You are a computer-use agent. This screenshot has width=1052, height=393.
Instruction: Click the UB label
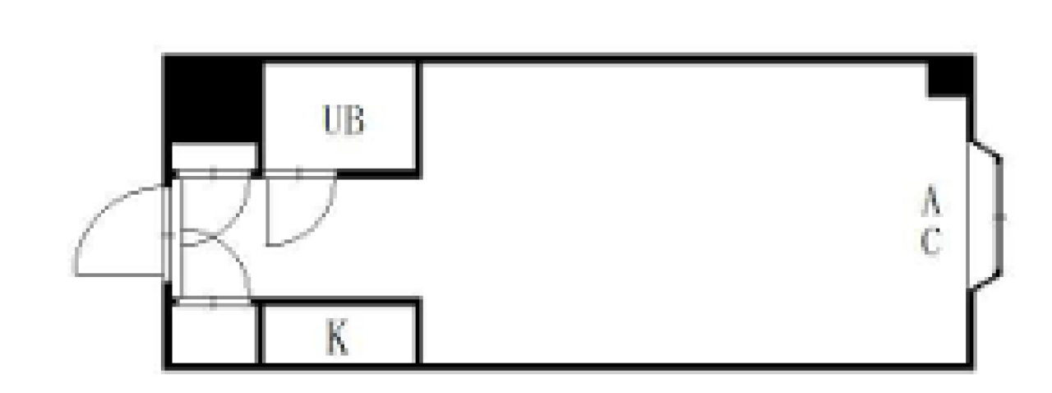(x=344, y=121)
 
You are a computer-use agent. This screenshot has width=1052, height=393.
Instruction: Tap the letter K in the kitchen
(x=337, y=338)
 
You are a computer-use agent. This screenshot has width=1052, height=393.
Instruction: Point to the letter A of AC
(x=930, y=200)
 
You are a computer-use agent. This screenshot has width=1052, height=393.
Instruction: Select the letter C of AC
(x=930, y=242)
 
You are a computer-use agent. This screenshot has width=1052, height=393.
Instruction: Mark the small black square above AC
(x=949, y=78)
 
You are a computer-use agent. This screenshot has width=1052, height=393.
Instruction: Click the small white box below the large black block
(x=214, y=156)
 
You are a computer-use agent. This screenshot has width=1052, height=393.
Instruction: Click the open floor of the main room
(x=657, y=214)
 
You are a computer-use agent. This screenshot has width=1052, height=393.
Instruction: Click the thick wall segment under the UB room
(x=378, y=173)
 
